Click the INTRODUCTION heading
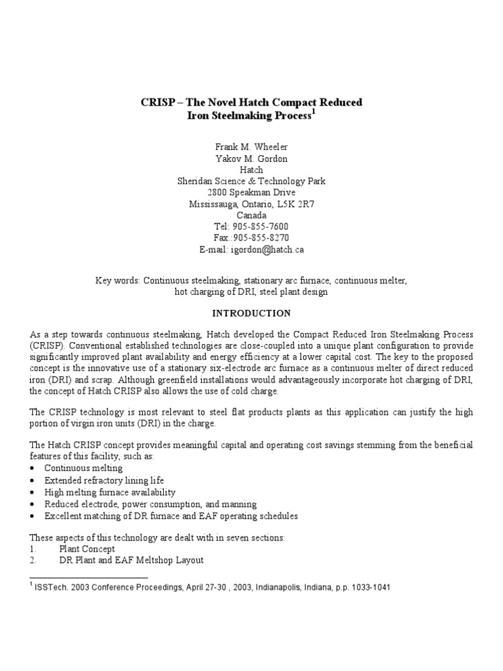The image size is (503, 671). click(251, 313)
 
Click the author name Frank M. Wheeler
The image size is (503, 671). click(251, 147)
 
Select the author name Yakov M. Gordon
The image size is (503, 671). click(251, 159)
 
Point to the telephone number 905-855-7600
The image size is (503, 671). click(261, 227)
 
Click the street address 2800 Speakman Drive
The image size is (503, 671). click(251, 193)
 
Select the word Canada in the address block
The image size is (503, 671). click(251, 215)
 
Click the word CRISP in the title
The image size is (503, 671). click(158, 103)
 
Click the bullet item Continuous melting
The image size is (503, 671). click(83, 469)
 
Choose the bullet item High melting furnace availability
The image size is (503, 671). click(109, 492)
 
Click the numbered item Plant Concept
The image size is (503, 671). click(87, 548)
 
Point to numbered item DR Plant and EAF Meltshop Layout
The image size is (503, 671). click(131, 560)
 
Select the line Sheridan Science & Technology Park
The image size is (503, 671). click(251, 182)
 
